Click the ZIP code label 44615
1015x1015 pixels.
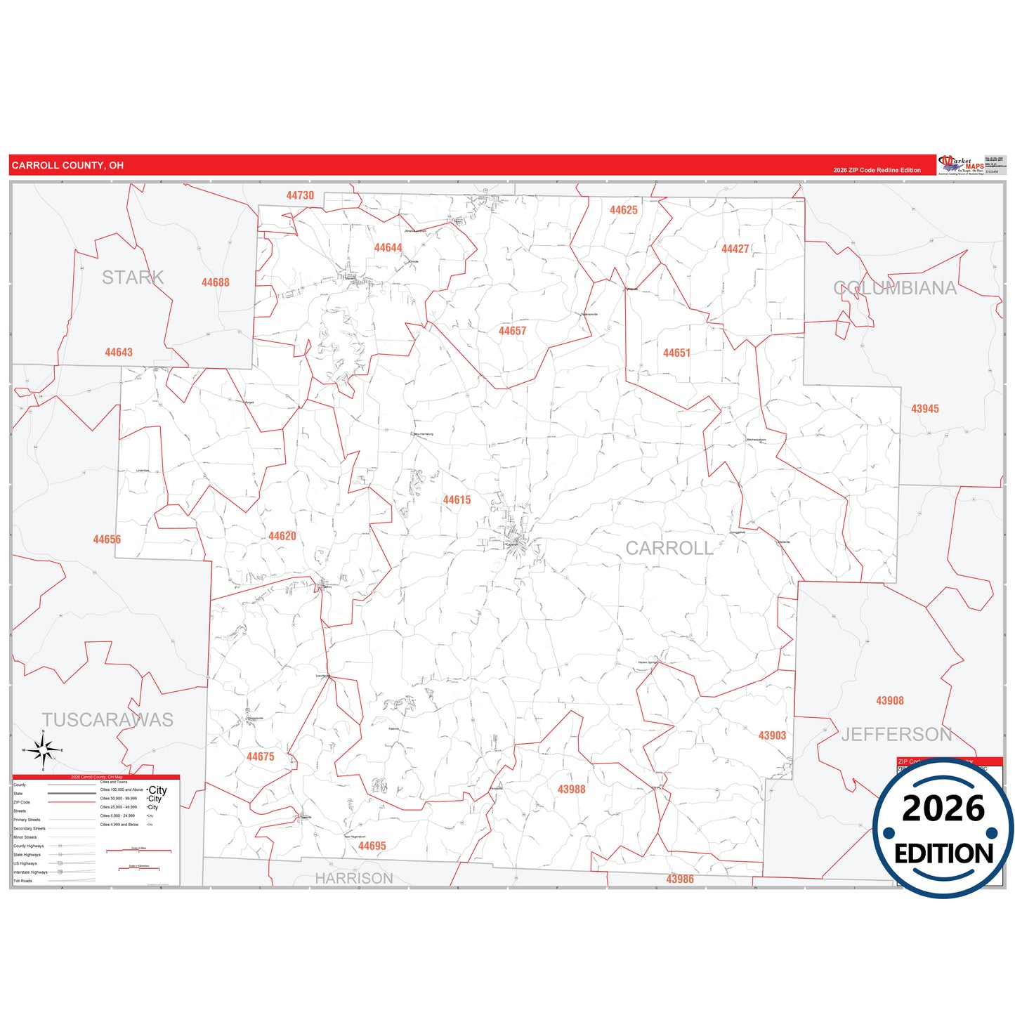click(x=457, y=500)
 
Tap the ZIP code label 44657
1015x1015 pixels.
click(x=512, y=331)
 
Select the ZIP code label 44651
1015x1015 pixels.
click(x=676, y=353)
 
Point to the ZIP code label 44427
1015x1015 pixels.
click(x=735, y=249)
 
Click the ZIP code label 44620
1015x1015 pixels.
click(x=282, y=536)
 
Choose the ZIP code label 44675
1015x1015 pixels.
click(x=260, y=757)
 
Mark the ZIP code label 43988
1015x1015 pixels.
click(x=571, y=790)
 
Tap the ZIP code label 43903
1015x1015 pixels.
click(x=772, y=735)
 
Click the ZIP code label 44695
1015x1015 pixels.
click(x=372, y=846)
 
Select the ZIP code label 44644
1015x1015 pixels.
click(x=388, y=248)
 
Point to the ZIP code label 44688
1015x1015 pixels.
click(x=215, y=282)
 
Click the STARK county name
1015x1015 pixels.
click(x=133, y=277)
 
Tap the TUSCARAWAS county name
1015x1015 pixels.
click(x=107, y=720)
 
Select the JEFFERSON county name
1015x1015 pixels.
click(x=896, y=735)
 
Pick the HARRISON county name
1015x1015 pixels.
click(x=353, y=878)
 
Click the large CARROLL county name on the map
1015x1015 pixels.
click(x=669, y=548)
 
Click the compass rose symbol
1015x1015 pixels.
click(x=44, y=751)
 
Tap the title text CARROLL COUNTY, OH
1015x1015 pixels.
click(x=67, y=166)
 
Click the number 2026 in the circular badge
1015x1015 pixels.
click(x=943, y=808)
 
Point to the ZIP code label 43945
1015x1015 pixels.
click(x=924, y=409)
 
